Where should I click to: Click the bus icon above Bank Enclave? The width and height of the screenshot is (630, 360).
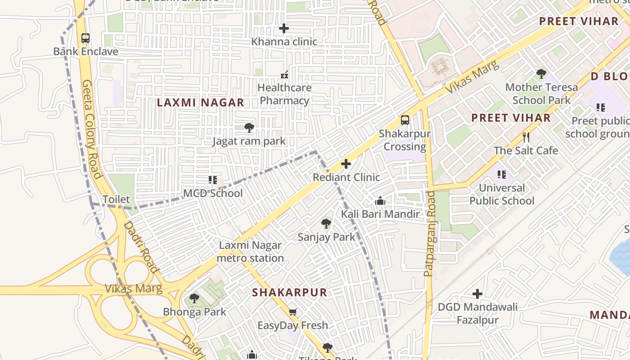(x=85, y=38)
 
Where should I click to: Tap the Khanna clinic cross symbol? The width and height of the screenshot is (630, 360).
(x=284, y=28)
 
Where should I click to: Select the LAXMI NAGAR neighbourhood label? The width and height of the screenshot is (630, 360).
(x=200, y=103)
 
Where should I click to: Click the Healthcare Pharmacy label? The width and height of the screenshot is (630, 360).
(x=284, y=94)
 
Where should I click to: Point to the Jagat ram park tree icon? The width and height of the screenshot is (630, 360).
(x=249, y=128)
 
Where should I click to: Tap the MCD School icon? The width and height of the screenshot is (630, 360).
(x=213, y=180)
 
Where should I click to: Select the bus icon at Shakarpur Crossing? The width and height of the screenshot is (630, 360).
(x=405, y=120)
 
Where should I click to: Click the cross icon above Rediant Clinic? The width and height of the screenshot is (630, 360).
(x=346, y=164)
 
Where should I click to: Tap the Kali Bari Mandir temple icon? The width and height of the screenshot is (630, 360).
(x=380, y=201)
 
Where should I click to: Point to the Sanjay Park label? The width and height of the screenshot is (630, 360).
(x=327, y=237)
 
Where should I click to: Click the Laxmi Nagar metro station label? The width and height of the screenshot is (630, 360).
(x=250, y=252)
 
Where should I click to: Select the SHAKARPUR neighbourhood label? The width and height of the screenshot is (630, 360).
(x=289, y=292)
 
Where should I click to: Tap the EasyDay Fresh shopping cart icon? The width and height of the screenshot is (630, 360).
(x=292, y=312)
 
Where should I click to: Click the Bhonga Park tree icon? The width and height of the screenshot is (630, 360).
(x=194, y=298)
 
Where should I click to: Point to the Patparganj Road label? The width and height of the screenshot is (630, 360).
(x=430, y=234)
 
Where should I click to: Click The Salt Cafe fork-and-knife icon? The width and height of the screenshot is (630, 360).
(x=526, y=137)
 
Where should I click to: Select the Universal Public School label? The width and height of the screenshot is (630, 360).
(x=502, y=194)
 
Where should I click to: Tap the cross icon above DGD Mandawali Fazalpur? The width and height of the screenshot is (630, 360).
(x=477, y=294)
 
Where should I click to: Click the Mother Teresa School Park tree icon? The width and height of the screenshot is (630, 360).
(x=541, y=73)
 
